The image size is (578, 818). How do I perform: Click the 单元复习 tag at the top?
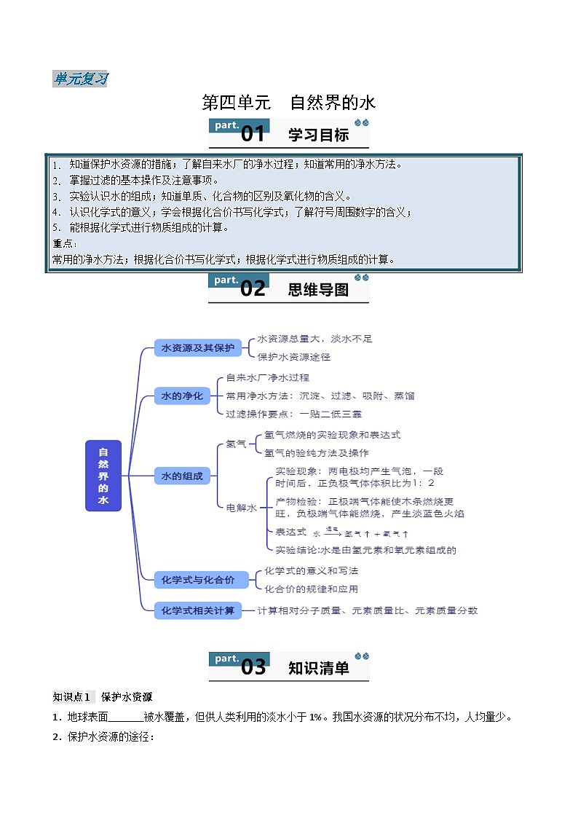pyautogui.click(x=80, y=79)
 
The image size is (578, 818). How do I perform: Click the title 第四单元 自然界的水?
pyautogui.click(x=288, y=103)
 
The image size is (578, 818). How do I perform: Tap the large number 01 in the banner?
pyautogui.click(x=253, y=134)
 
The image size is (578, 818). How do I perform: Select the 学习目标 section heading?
pyautogui.click(x=318, y=135)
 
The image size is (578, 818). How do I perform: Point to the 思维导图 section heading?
pyautogui.click(x=318, y=289)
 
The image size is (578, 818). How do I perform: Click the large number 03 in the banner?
pyautogui.click(x=253, y=667)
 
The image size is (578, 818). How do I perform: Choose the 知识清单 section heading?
pyautogui.click(x=318, y=668)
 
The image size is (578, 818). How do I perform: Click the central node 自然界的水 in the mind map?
pyautogui.click(x=103, y=476)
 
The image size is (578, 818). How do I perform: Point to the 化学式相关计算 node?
pyautogui.click(x=198, y=610)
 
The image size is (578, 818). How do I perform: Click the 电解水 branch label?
pyautogui.click(x=241, y=508)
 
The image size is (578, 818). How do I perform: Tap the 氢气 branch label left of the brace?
pyautogui.click(x=236, y=444)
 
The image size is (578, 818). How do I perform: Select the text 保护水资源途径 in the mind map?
pyautogui.click(x=294, y=357)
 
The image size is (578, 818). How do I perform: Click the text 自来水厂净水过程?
pyautogui.click(x=268, y=377)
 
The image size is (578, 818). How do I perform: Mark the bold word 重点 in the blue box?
pyautogui.click(x=63, y=243)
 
